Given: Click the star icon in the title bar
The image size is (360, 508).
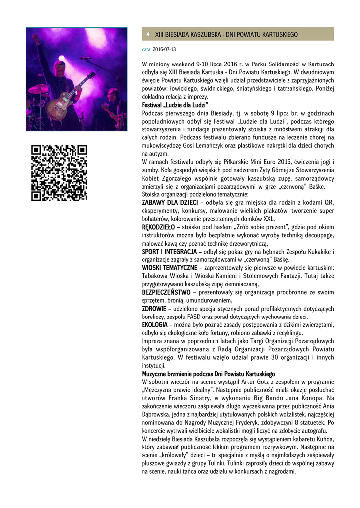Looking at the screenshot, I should coord(148,34).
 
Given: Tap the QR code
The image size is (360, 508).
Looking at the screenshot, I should coord(59,173).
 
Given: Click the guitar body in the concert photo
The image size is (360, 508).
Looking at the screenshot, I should coord(63,99).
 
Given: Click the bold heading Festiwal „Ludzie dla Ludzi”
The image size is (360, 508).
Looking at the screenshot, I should coord(175,105).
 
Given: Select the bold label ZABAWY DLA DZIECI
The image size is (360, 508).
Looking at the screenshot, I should coord(170,202).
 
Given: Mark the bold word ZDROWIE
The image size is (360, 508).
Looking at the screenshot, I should coord(153,308).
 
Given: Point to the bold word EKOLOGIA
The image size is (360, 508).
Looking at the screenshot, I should coord(154,324).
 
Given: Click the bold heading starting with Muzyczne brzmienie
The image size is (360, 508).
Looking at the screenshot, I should coord(209,373).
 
